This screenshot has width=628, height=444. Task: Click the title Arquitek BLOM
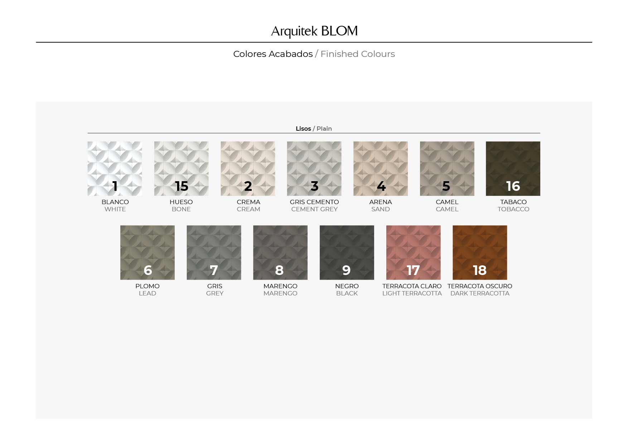click(314, 31)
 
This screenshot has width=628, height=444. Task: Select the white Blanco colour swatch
click(115, 169)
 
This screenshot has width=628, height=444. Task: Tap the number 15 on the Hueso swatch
click(182, 186)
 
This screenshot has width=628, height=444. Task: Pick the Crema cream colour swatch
click(248, 169)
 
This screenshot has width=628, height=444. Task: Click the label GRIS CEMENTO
click(314, 202)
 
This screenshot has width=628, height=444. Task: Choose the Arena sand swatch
click(381, 169)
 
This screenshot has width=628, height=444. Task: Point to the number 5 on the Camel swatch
click(446, 186)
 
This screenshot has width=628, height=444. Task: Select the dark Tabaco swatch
click(513, 169)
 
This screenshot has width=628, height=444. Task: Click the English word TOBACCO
click(513, 209)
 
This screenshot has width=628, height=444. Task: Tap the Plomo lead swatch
click(148, 252)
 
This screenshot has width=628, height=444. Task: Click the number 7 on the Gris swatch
click(214, 270)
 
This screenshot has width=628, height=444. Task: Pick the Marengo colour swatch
click(280, 252)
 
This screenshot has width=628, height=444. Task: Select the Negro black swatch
click(347, 252)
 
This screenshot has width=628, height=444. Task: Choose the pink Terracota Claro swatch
click(414, 252)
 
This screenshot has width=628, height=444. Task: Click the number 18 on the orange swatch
click(480, 270)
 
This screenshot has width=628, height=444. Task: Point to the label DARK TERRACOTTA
click(480, 293)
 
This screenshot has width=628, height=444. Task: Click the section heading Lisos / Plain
click(314, 129)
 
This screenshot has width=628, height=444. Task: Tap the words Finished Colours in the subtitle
click(358, 54)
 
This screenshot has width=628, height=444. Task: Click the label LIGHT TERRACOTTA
click(412, 293)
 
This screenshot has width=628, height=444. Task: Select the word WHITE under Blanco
click(115, 209)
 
